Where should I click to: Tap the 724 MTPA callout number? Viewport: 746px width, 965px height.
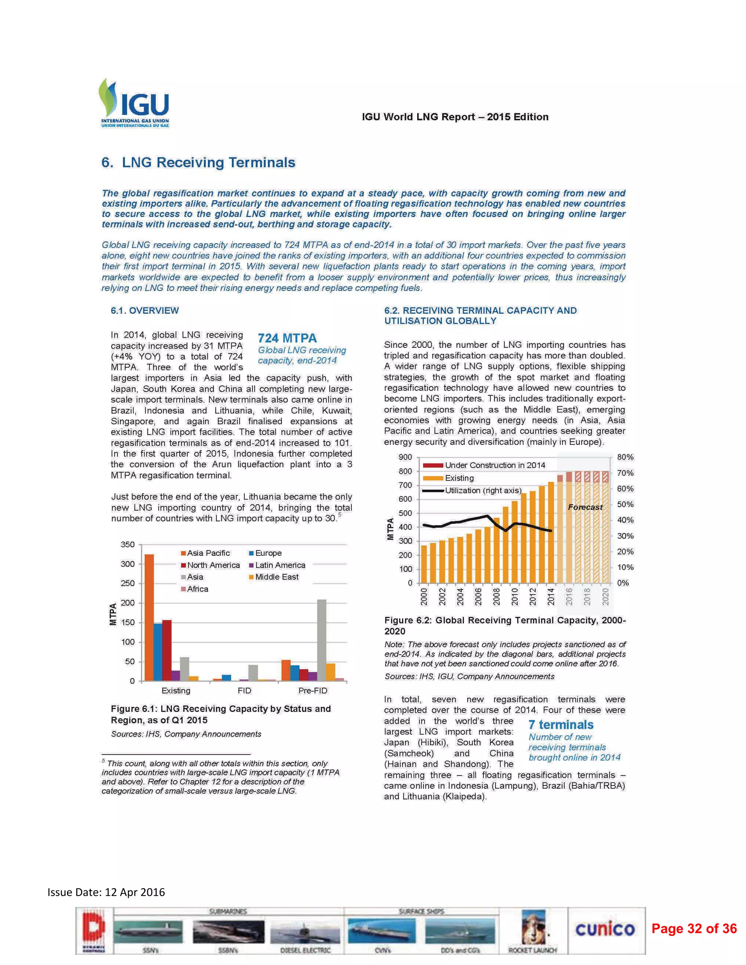pyautogui.click(x=287, y=338)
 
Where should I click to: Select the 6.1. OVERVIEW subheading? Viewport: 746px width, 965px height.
pyautogui.click(x=145, y=311)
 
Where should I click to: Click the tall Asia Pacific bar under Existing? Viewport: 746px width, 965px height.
pyautogui.click(x=149, y=617)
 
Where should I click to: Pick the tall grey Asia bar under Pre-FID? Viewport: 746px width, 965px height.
pyautogui.click(x=322, y=640)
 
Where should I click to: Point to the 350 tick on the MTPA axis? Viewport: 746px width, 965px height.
pyautogui.click(x=128, y=545)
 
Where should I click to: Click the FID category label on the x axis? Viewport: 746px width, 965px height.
pyautogui.click(x=244, y=690)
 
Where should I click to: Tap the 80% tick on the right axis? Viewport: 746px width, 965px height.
pyautogui.click(x=625, y=457)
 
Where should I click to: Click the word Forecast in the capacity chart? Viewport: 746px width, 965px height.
pyautogui.click(x=585, y=507)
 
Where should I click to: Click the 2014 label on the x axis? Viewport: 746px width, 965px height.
pyautogui.click(x=551, y=596)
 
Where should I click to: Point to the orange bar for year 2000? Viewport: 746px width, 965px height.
pyautogui.click(x=424, y=564)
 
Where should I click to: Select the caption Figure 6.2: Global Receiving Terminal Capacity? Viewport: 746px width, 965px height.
pyautogui.click(x=505, y=625)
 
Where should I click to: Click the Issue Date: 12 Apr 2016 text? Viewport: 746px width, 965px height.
pyautogui.click(x=106, y=892)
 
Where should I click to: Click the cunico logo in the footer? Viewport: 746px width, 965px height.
pyautogui.click(x=605, y=929)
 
